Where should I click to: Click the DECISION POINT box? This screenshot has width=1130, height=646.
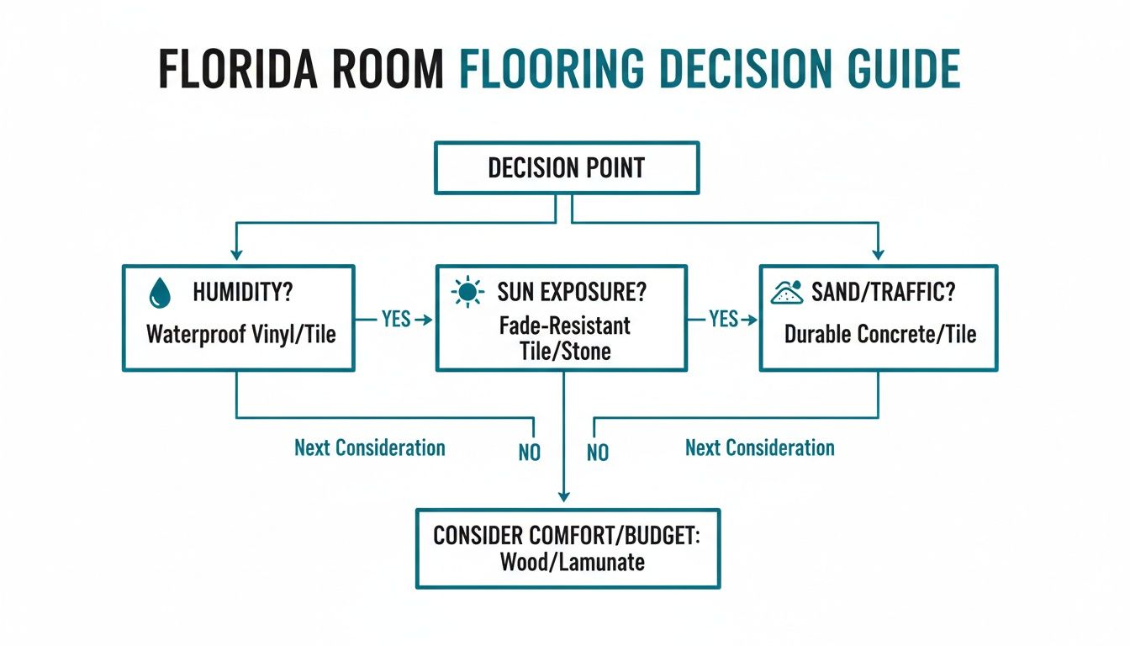[566, 167]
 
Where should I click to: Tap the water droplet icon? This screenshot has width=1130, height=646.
[158, 293]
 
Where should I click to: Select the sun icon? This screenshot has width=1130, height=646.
[468, 293]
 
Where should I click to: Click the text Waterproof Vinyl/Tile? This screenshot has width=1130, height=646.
[241, 334]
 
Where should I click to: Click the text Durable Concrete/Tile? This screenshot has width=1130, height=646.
[880, 334]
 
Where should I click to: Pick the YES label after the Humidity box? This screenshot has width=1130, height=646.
[394, 319]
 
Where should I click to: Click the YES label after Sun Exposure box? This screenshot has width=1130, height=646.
[722, 319]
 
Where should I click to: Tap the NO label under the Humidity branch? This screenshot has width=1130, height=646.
[530, 453]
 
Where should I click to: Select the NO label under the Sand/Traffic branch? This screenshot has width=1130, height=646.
[598, 453]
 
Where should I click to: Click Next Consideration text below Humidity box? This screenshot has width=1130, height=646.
[370, 447]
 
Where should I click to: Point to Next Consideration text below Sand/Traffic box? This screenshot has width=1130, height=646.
[760, 447]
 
